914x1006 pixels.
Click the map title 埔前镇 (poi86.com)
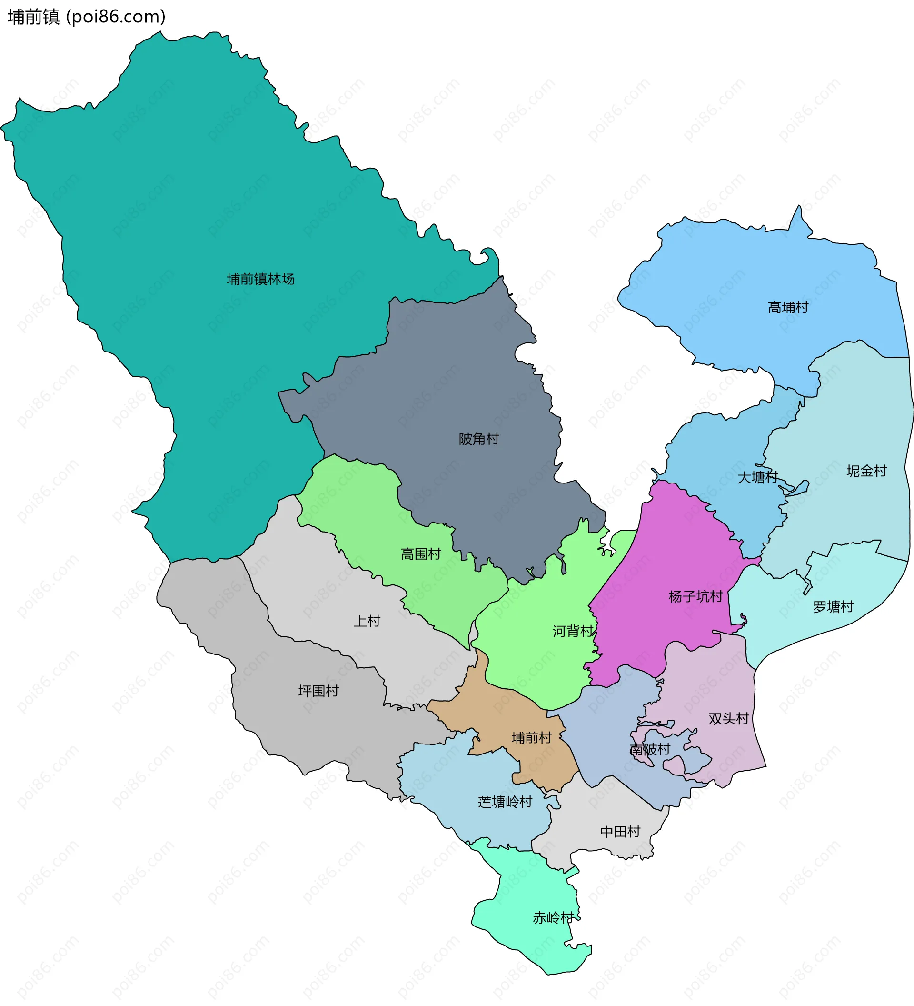pos(86,17)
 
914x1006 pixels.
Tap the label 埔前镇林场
pos(260,279)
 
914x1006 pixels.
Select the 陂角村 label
pos(479,439)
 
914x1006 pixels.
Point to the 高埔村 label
pos(788,307)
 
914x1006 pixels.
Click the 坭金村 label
pos(866,471)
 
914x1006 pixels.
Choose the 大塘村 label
pos(757,477)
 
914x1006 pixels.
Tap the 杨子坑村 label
pos(695,596)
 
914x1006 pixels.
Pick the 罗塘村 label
pos(833,607)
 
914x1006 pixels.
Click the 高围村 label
pos(421,554)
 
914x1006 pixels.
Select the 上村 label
pos(367,621)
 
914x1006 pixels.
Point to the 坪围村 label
pos(318,691)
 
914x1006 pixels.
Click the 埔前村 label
pos(532,737)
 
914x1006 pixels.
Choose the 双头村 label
pos(728,719)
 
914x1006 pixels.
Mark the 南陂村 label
pos(650,750)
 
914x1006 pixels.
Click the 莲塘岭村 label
pos(505,802)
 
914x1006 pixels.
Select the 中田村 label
pos(620,831)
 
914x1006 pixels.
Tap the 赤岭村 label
pos(553,918)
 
